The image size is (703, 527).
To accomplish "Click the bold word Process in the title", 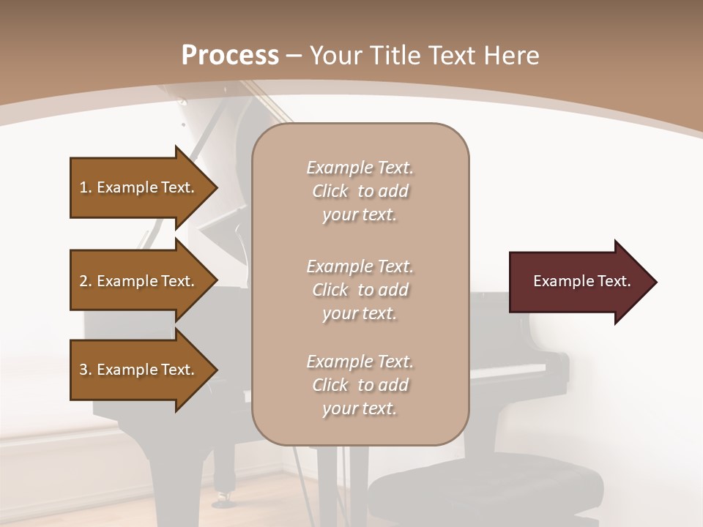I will (x=230, y=55).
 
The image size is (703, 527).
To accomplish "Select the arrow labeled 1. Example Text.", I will (x=139, y=187).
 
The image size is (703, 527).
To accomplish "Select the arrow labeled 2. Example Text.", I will (x=139, y=281).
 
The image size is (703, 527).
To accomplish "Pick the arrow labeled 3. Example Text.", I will (x=139, y=370).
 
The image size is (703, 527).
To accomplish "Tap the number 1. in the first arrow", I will (x=86, y=187).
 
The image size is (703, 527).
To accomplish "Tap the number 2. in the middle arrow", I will (x=86, y=281).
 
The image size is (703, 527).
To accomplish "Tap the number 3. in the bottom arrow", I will (x=86, y=370).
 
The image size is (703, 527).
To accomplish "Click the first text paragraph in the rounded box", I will (x=360, y=191).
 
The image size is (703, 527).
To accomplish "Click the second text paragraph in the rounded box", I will (x=360, y=289).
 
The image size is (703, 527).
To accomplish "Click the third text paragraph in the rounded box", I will (x=360, y=384).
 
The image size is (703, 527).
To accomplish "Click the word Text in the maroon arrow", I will (x=614, y=281).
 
